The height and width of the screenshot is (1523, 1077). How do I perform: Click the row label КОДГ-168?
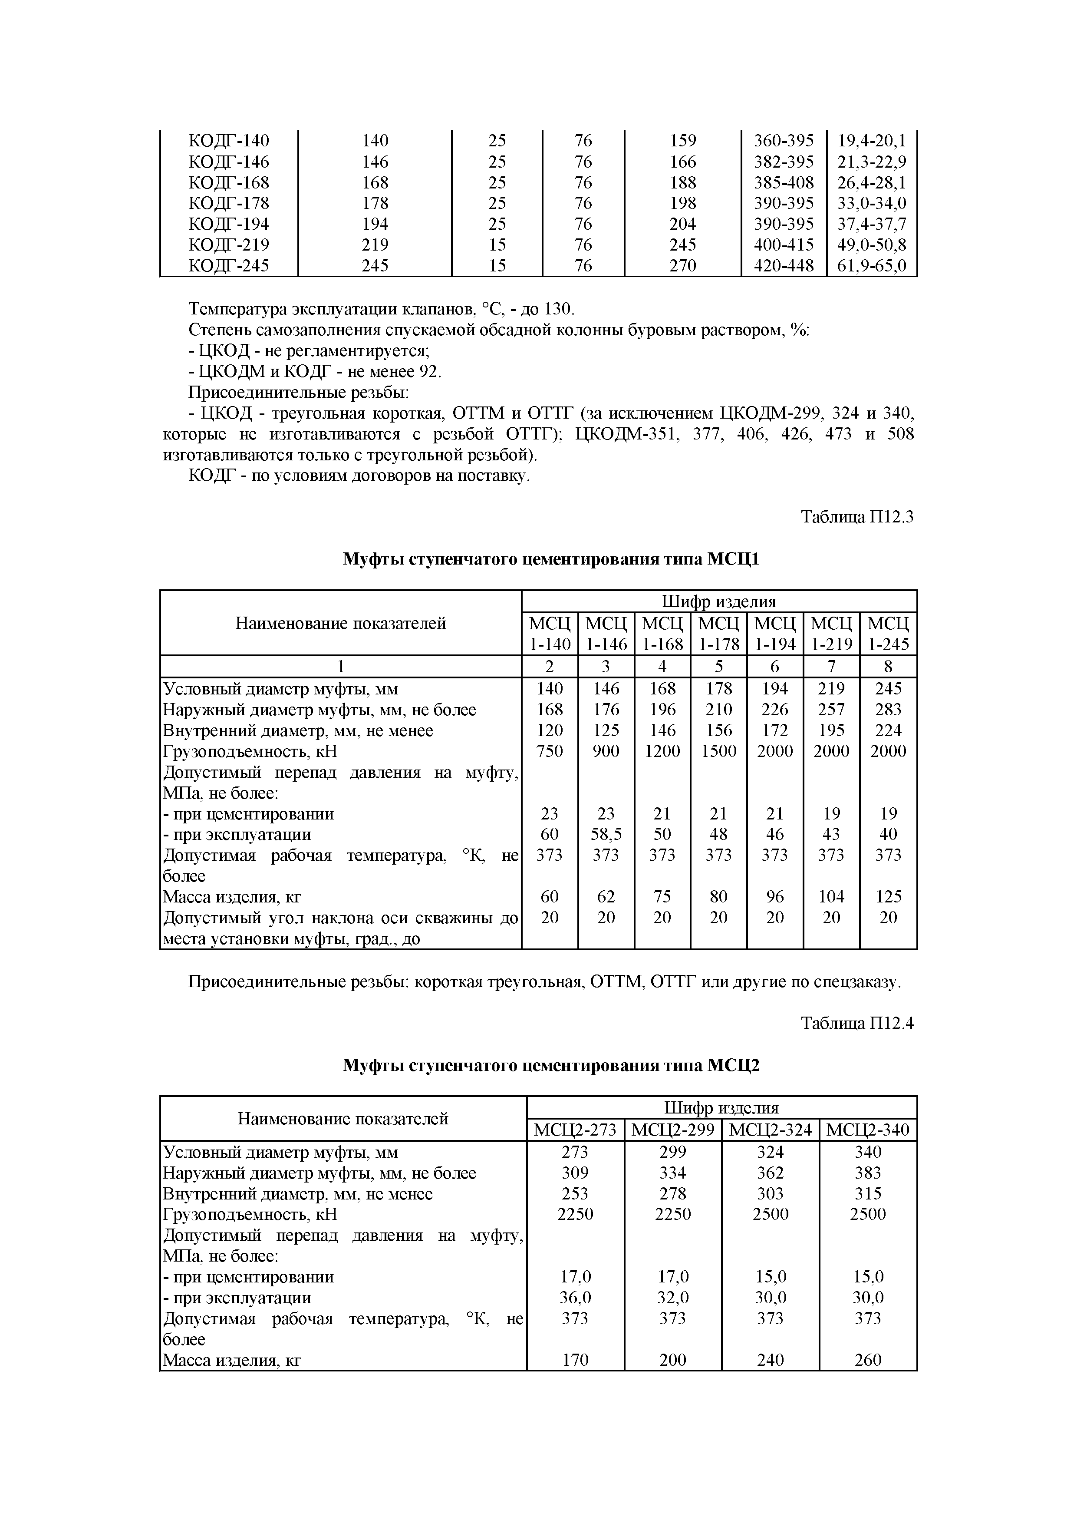pyautogui.click(x=229, y=182)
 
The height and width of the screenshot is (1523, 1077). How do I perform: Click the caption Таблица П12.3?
pyautogui.click(x=857, y=517)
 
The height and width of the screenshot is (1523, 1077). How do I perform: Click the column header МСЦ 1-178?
pyautogui.click(x=718, y=634)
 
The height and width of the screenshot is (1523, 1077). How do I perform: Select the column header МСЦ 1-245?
pyautogui.click(x=888, y=634)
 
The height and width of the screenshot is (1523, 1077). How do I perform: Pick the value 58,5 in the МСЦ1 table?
pyautogui.click(x=606, y=834)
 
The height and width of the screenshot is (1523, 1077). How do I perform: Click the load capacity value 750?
pyautogui.click(x=549, y=751)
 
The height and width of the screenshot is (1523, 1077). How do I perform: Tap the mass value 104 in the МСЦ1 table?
pyautogui.click(x=831, y=897)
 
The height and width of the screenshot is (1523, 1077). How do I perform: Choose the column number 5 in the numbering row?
pyautogui.click(x=718, y=667)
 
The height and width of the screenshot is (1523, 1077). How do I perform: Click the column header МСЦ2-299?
pyautogui.click(x=672, y=1130)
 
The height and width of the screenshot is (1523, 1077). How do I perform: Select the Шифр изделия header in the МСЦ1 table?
pyautogui.click(x=719, y=601)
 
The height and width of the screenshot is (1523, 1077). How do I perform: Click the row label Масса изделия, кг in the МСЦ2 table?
pyautogui.click(x=232, y=1361)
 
